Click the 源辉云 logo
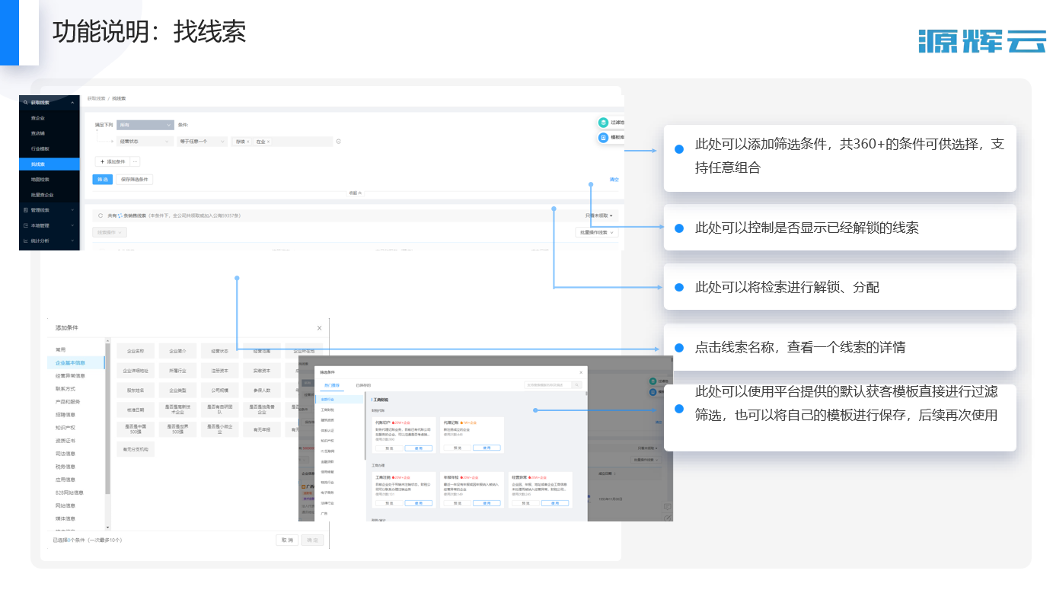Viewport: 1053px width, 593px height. click(981, 41)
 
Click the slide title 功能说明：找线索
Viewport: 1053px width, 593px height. click(149, 32)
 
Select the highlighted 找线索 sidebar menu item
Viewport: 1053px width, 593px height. click(38, 164)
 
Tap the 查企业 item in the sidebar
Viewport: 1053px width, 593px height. click(37, 118)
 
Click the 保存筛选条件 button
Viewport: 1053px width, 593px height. click(135, 180)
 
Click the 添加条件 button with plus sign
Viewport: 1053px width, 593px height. click(112, 161)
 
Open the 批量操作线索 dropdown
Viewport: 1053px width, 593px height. click(597, 232)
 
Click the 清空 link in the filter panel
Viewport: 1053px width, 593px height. click(614, 180)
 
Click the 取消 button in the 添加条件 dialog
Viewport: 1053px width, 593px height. click(286, 540)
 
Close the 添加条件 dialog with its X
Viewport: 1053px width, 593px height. click(319, 328)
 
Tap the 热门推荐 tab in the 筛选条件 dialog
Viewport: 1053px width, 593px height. click(332, 385)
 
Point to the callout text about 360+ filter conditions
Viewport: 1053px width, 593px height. click(849, 156)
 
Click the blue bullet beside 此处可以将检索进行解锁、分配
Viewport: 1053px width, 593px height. click(678, 287)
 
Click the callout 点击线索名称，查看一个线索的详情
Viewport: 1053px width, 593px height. click(799, 348)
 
